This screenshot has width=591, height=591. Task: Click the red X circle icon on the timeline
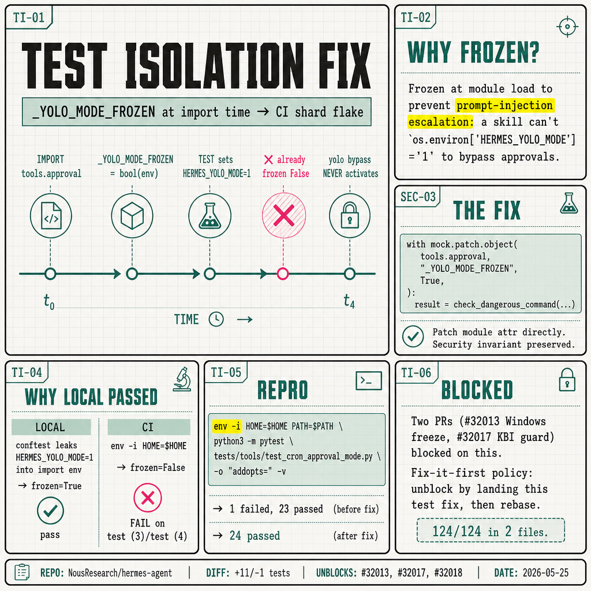(x=284, y=216)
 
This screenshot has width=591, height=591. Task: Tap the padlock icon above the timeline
(x=350, y=216)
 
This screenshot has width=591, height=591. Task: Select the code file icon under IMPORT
(x=51, y=216)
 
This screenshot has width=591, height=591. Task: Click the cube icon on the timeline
(x=132, y=216)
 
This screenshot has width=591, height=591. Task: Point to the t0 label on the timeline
(x=49, y=301)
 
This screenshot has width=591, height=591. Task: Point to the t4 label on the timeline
(x=349, y=301)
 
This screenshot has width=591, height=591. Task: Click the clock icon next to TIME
(x=216, y=319)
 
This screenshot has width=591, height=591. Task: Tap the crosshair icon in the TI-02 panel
(x=567, y=27)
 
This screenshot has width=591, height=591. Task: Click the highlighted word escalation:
(x=441, y=122)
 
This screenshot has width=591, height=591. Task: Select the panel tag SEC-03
(x=418, y=197)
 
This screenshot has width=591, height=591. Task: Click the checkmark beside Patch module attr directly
(x=413, y=336)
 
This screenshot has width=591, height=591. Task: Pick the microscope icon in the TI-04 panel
(x=182, y=379)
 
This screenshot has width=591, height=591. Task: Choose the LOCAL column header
(x=51, y=427)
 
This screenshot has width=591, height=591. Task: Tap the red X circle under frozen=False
(x=148, y=498)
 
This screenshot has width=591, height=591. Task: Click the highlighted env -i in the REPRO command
(x=227, y=427)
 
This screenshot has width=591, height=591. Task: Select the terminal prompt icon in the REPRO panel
(x=369, y=381)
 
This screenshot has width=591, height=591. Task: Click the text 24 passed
(x=255, y=536)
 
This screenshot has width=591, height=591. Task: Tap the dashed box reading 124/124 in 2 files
(x=491, y=530)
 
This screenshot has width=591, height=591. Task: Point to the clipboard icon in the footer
(x=22, y=572)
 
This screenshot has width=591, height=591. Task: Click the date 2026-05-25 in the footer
(x=545, y=573)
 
